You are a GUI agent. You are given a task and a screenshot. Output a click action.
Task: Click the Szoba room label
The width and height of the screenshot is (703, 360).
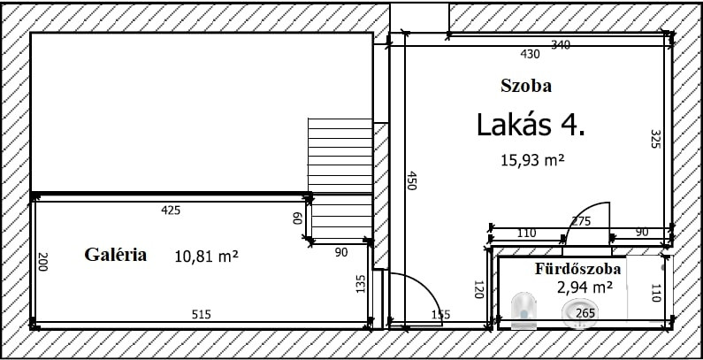pyautogui.click(x=526, y=85)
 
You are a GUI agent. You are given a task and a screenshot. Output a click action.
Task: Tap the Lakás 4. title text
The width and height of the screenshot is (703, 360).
pyautogui.click(x=531, y=125)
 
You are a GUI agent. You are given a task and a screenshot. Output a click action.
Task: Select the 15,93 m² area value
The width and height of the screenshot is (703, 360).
pyautogui.click(x=531, y=159)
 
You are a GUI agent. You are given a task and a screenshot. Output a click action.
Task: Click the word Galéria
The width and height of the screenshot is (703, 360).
pyautogui.click(x=115, y=255)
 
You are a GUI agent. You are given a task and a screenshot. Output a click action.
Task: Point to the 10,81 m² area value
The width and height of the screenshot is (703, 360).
pyautogui.click(x=206, y=257)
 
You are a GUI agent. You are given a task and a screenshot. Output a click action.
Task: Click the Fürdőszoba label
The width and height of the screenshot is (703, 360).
pyautogui.click(x=578, y=269)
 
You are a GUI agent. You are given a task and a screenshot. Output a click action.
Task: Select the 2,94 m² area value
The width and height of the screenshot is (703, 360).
pyautogui.click(x=585, y=287)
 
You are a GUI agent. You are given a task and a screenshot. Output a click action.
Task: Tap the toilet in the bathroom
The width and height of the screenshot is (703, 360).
pyautogui.click(x=523, y=310)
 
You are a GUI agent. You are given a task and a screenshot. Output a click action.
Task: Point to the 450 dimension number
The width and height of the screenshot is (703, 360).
pyautogui.click(x=411, y=180)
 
